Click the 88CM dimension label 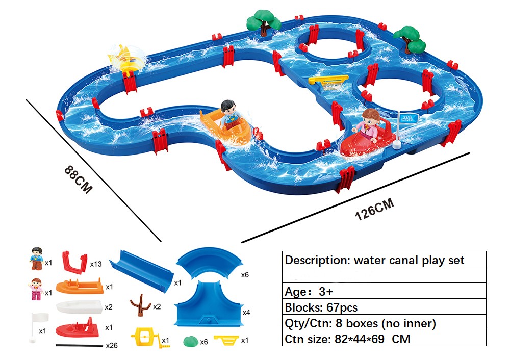coord(79,179)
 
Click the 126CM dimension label coord(374,209)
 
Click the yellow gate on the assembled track coord(328,81)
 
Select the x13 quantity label coord(96,264)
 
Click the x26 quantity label coord(112,345)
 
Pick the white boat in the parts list coord(79,306)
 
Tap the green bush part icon coord(191,341)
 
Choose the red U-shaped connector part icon coord(74,263)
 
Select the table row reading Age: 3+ coord(384,291)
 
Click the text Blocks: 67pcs coord(321,307)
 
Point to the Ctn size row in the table coord(384,339)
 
